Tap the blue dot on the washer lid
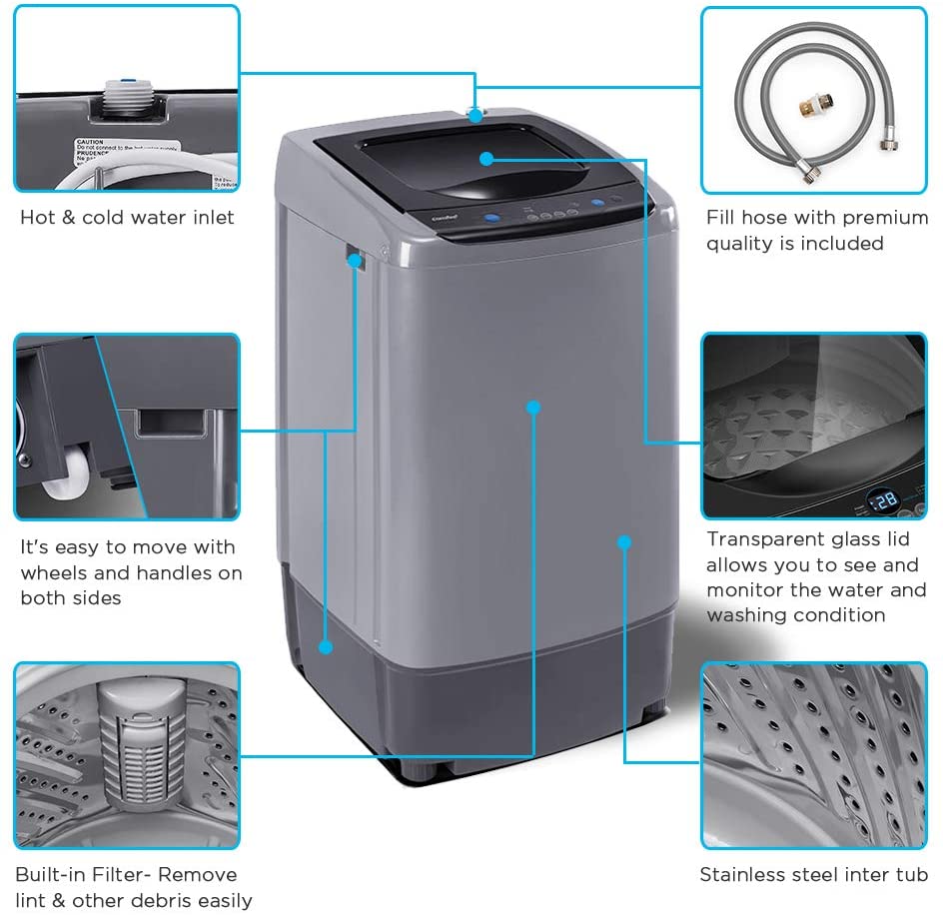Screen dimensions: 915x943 click(x=485, y=158)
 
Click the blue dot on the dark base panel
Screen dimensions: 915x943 click(x=326, y=647)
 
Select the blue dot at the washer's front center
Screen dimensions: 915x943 click(x=533, y=408)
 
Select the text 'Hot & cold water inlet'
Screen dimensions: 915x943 click(x=127, y=218)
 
